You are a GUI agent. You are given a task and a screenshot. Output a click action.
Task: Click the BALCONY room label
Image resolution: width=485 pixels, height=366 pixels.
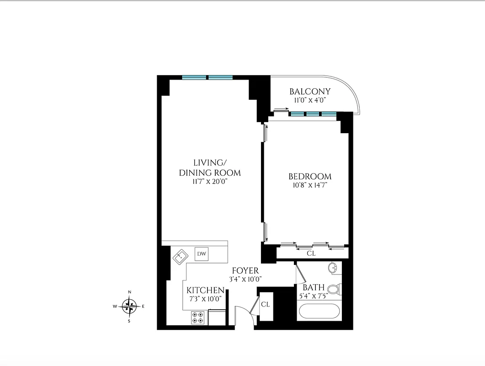point(309,92)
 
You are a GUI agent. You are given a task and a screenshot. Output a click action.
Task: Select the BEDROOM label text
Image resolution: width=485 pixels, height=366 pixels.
point(309,177)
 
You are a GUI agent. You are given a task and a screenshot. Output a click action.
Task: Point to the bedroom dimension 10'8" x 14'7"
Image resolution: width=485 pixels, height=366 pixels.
point(309,185)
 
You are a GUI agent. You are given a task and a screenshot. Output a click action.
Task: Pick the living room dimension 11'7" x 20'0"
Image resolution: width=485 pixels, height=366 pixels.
point(210,182)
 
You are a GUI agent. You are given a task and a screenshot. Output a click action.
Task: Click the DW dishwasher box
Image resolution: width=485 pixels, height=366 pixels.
point(201,253)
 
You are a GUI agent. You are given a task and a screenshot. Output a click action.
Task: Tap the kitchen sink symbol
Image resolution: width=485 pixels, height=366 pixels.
point(180,257)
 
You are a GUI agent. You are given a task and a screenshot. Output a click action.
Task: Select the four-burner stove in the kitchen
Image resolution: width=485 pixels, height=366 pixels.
point(198,318)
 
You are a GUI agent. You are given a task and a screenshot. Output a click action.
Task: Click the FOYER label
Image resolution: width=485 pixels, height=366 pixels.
point(245,271)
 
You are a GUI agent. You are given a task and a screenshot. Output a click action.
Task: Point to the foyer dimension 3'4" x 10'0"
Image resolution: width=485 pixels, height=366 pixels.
point(245,279)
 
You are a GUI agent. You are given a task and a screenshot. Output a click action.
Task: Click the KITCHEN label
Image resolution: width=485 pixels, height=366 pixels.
point(205,291)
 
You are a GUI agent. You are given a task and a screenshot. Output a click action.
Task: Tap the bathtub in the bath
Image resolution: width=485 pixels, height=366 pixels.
point(319,313)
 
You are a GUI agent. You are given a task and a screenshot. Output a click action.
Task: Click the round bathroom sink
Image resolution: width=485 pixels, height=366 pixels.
point(333,268)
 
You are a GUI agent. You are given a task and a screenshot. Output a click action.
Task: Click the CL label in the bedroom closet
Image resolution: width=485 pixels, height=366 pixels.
point(311,253)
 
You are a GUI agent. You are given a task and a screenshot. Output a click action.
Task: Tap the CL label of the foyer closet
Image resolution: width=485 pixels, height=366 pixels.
point(265,304)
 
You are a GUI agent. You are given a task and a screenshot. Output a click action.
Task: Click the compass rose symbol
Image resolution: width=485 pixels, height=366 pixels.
point(130,306)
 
